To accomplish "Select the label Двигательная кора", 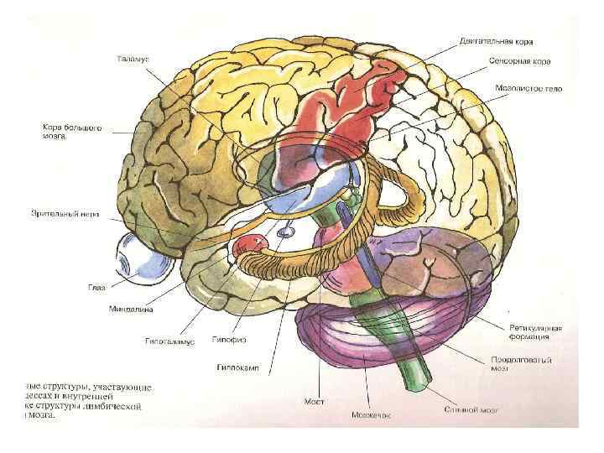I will coord(496,40).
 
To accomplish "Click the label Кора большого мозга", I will coord(73,133).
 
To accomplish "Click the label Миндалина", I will coord(130,308).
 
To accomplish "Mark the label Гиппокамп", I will coord(237,367).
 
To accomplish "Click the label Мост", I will coord(314,402).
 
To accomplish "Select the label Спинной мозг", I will coord(466,410).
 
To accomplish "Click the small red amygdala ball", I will coord(251,244).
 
